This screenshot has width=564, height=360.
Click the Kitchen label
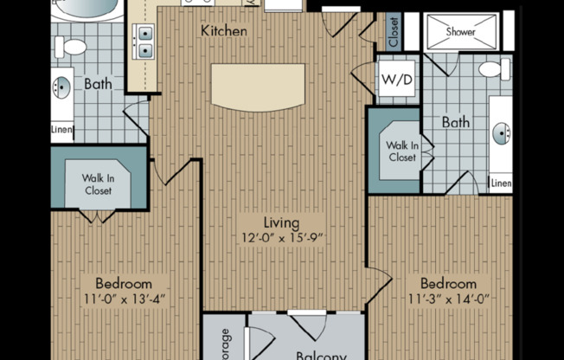(224, 31)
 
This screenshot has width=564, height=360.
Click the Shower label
(460, 31)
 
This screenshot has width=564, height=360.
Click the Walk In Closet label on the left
(98, 184)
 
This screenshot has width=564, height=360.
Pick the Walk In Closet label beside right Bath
(401, 151)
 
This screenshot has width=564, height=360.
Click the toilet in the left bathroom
(75, 47)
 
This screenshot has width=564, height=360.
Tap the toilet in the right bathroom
(494, 68)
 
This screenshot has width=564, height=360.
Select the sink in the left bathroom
(61, 87)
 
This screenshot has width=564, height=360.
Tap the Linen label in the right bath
(501, 183)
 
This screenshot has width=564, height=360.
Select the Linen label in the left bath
(61, 131)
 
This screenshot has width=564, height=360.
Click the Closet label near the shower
(394, 32)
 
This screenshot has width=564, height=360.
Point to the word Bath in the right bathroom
(456, 123)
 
